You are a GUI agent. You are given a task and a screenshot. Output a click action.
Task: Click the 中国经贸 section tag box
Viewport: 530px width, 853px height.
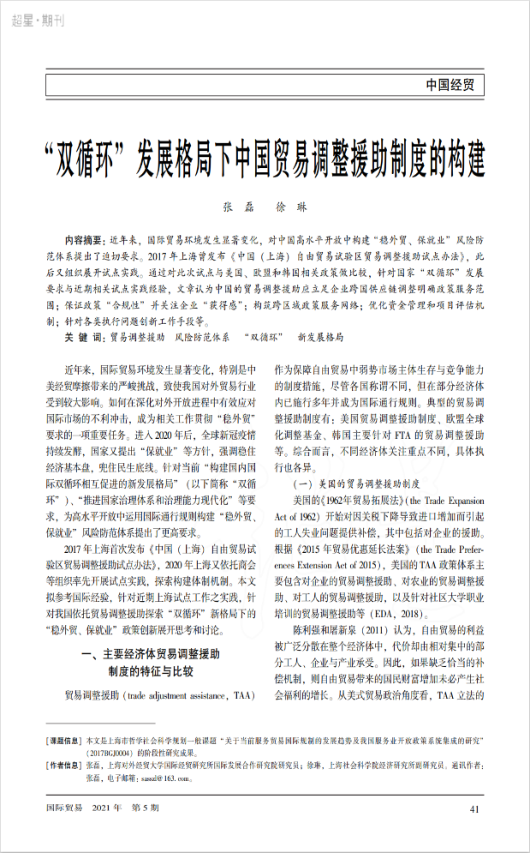point(454,85)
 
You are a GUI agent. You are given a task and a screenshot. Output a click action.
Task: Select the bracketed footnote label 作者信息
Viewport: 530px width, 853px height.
point(64,765)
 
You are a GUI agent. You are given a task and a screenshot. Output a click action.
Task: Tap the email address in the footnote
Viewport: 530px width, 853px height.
point(154,777)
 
